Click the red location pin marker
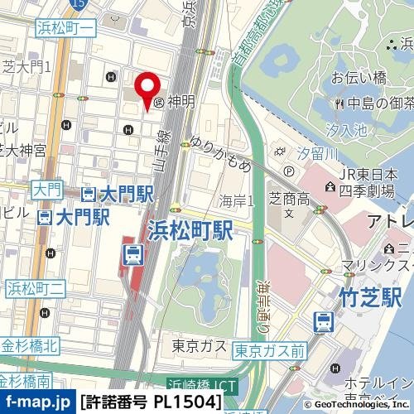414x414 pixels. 147,88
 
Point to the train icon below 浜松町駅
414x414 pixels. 132,255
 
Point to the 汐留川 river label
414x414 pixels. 317,153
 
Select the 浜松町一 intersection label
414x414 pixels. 65,29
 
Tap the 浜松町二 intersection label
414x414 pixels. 36,288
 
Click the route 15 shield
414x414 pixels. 78,5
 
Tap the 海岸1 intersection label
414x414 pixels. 237,200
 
